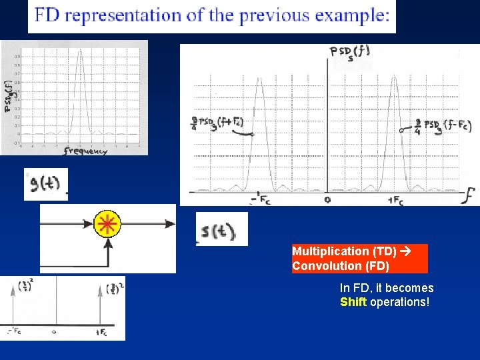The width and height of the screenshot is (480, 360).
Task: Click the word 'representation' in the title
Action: coord(127,16)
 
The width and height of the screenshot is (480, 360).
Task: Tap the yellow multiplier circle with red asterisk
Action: coord(105,225)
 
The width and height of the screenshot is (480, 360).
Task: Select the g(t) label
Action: coord(45,183)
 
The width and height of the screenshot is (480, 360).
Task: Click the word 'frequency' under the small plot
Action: coord(85,151)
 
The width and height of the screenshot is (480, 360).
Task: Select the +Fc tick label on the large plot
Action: coord(395,201)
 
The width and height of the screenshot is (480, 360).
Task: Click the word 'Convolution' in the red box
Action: coord(321,266)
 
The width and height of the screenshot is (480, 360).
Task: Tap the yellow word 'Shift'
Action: coord(353,302)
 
